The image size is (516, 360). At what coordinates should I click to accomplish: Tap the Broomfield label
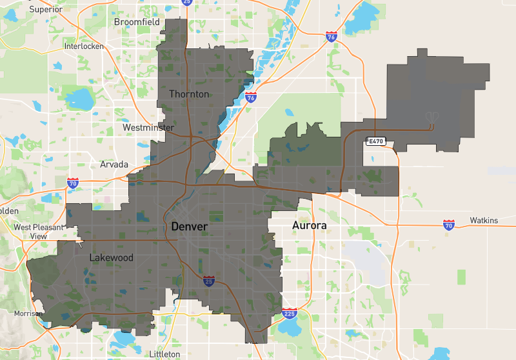pyautogui.click(x=136, y=21)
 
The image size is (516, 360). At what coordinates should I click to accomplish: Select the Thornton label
pyautogui.click(x=189, y=94)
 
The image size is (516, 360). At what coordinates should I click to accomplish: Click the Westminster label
pyautogui.click(x=148, y=128)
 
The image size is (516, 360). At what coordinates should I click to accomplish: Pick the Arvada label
pyautogui.click(x=114, y=165)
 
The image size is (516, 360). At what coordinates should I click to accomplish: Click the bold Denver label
pyautogui.click(x=189, y=227)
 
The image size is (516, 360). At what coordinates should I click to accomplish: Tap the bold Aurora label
pyautogui.click(x=309, y=225)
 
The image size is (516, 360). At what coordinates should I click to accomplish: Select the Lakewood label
pyautogui.click(x=111, y=257)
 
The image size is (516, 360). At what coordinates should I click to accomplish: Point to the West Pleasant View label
pyautogui.click(x=39, y=232)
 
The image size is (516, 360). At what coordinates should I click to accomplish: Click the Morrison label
pyautogui.click(x=28, y=314)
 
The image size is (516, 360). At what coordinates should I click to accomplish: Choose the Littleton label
pyautogui.click(x=164, y=354)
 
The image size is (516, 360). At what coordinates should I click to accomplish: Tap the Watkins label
pyautogui.click(x=484, y=221)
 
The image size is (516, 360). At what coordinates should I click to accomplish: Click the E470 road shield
pyautogui.click(x=375, y=141)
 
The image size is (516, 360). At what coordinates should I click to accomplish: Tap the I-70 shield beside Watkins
pyautogui.click(x=450, y=224)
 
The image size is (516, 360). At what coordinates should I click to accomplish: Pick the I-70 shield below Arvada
pyautogui.click(x=72, y=183)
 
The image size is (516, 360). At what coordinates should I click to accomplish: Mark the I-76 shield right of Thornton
pyautogui.click(x=250, y=97)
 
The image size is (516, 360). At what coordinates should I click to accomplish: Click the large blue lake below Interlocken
pyautogui.click(x=80, y=99)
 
